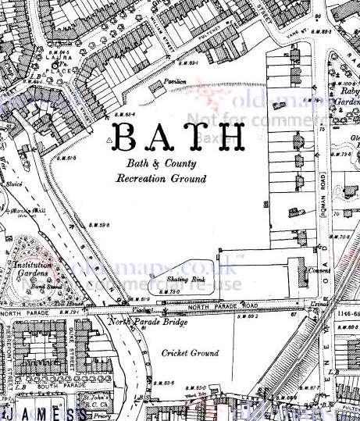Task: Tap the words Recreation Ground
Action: [161, 179]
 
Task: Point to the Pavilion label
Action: [173, 80]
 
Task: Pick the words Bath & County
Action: [159, 165]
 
